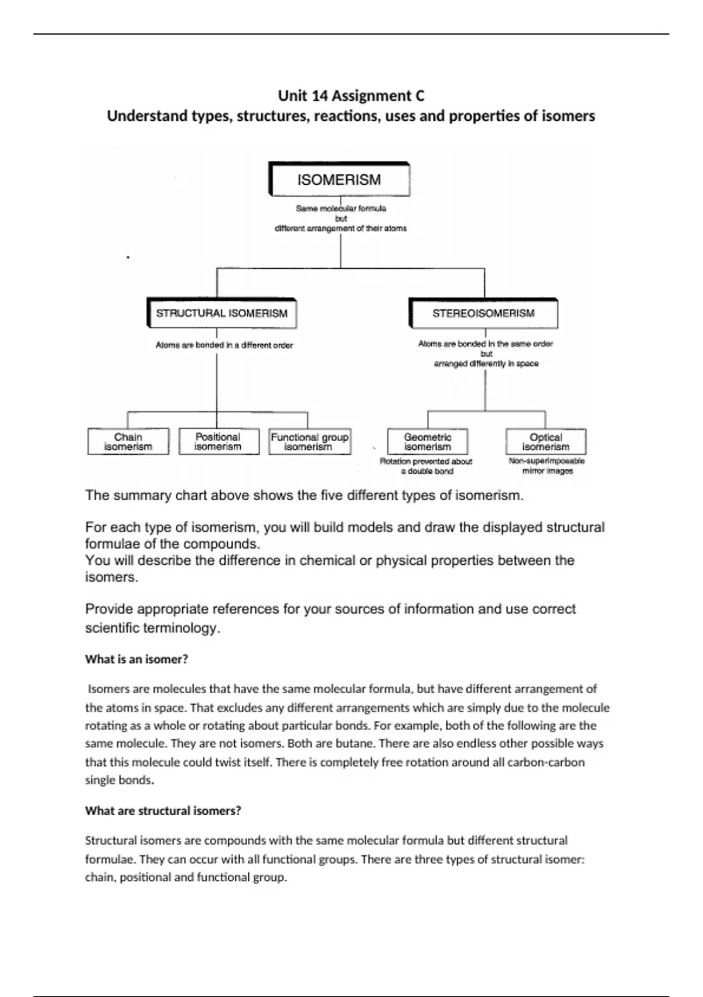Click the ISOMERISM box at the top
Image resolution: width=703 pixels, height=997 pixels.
(x=339, y=179)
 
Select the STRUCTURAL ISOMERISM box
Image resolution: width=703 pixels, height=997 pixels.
(x=222, y=313)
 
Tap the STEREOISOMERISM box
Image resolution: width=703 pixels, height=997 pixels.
(x=483, y=313)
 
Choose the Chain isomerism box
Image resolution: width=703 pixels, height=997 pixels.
(x=128, y=442)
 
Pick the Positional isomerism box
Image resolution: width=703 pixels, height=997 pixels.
(x=218, y=442)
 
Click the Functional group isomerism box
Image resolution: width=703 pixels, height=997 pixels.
(x=309, y=442)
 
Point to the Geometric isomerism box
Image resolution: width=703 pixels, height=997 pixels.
(x=428, y=442)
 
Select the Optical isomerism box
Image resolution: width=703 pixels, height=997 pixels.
(x=545, y=442)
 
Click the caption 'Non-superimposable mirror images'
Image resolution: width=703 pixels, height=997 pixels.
(x=547, y=466)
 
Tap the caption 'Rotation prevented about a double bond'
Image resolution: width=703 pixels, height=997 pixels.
(x=426, y=466)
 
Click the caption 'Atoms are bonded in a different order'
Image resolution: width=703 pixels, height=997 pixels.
(x=224, y=345)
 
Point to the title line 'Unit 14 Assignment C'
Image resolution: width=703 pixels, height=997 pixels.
(x=351, y=96)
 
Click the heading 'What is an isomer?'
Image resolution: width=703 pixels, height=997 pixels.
(x=136, y=659)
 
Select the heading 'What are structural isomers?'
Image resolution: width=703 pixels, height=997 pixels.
(x=163, y=811)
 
